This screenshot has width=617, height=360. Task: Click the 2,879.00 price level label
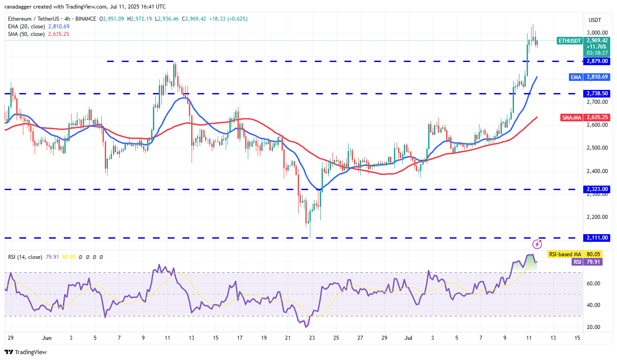tap(597, 61)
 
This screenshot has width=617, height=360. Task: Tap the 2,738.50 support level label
tap(597, 93)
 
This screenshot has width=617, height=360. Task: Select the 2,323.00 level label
tap(597, 189)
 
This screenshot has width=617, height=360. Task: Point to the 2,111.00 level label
tap(597, 238)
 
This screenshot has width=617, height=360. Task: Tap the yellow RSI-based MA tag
tap(564, 254)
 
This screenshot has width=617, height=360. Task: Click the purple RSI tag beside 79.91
tap(577, 262)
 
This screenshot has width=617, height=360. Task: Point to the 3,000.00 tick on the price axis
tap(597, 33)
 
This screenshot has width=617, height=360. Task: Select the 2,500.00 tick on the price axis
tap(597, 148)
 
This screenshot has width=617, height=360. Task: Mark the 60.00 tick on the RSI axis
tap(594, 284)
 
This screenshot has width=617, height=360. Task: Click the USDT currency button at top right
tap(596, 20)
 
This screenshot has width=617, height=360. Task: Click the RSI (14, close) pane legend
tap(25, 257)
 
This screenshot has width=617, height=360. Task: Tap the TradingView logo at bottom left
tap(26, 352)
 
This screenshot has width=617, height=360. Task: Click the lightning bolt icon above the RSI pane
tap(537, 244)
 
